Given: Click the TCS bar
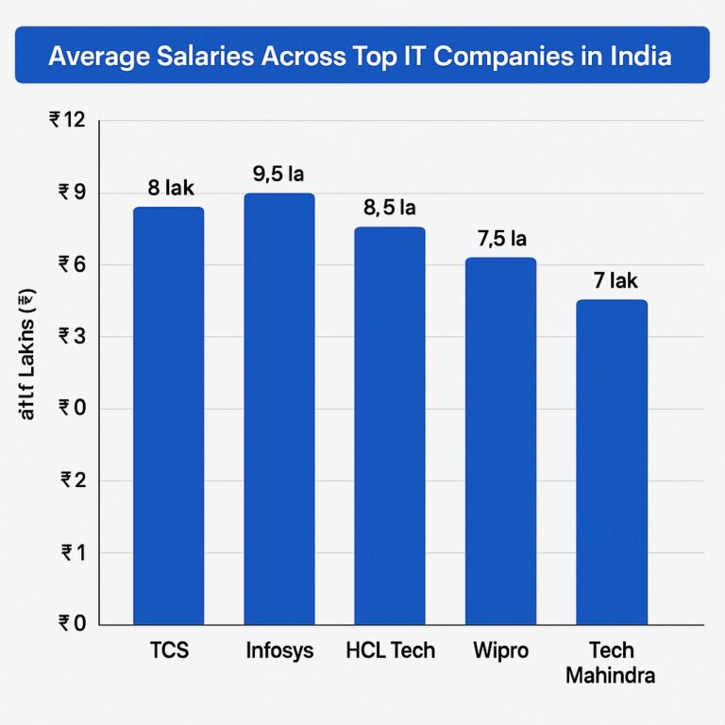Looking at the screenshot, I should click(x=168, y=415).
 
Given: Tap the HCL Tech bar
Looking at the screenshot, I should click(x=389, y=426).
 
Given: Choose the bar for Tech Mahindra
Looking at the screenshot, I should click(x=611, y=463).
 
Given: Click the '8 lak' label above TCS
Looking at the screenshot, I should click(x=170, y=187).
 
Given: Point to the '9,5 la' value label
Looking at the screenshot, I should click(x=278, y=174).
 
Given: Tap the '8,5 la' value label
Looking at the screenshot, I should click(x=389, y=208).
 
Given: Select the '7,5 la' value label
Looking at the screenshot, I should click(x=501, y=239).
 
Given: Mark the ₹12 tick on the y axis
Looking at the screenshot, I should click(x=66, y=121).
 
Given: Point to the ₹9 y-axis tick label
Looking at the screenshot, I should click(x=72, y=193).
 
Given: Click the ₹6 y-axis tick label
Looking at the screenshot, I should click(x=72, y=265).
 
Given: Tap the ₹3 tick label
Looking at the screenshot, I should click(x=72, y=337).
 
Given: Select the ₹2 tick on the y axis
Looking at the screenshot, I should click(x=72, y=481).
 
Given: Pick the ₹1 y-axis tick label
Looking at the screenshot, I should click(x=72, y=553).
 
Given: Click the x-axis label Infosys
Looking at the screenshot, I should click(x=278, y=651).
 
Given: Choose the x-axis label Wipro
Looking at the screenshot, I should click(x=500, y=651).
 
